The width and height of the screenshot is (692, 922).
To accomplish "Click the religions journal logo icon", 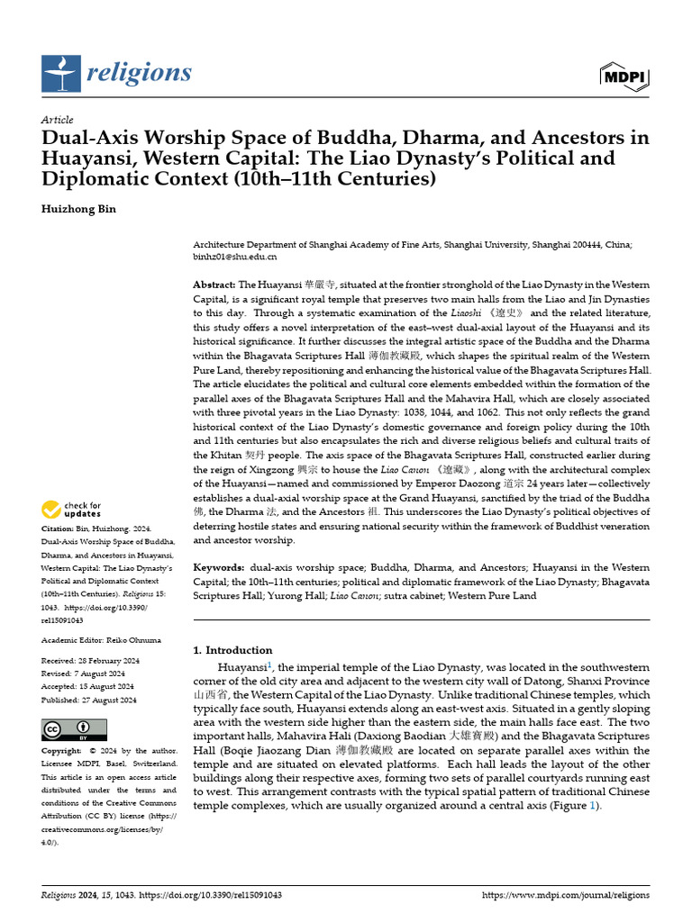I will click(61, 73).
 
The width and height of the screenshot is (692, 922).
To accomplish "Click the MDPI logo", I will click(624, 77).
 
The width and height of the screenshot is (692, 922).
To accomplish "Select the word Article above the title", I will click(58, 120).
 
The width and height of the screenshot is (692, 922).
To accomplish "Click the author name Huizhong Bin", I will click(79, 209).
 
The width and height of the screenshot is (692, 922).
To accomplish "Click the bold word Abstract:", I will click(214, 285).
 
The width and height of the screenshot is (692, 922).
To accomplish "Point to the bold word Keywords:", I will click(219, 567).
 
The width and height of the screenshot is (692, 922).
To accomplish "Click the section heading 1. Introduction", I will click(233, 650).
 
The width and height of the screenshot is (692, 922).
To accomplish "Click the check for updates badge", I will click(72, 510).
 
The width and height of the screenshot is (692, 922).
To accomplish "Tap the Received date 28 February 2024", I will click(107, 662).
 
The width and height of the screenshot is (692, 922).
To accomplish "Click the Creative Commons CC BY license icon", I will click(74, 729).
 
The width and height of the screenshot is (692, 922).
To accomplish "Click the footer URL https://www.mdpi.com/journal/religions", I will click(566, 895).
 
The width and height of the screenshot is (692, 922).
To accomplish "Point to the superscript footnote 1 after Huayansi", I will click(269, 664).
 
